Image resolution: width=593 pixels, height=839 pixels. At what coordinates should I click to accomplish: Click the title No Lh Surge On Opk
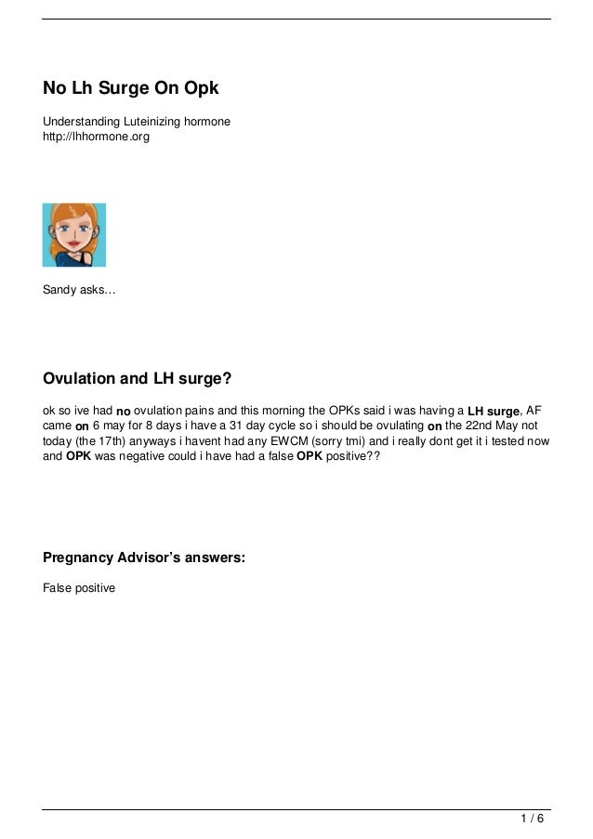point(130,89)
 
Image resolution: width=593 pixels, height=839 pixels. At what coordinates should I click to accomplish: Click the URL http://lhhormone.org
point(96,137)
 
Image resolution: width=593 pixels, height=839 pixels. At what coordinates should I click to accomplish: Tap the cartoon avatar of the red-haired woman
point(74,235)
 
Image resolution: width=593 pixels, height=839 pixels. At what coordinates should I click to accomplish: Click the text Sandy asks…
point(79,291)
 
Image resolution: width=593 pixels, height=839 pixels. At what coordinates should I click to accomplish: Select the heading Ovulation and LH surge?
point(137,379)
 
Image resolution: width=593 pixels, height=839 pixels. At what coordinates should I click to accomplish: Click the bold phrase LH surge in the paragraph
point(494,412)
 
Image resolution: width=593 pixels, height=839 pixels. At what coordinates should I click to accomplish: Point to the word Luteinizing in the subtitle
point(151,122)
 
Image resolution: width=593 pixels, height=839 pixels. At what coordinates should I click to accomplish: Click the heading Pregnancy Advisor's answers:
point(144,558)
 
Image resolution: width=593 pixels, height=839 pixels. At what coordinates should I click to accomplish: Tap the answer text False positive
point(79,588)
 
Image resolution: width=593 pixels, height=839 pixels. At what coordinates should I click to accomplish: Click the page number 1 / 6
point(533,819)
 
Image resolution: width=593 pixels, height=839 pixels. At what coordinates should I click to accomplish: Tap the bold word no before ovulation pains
point(124,412)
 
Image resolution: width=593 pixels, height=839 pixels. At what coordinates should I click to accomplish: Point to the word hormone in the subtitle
point(207,122)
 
